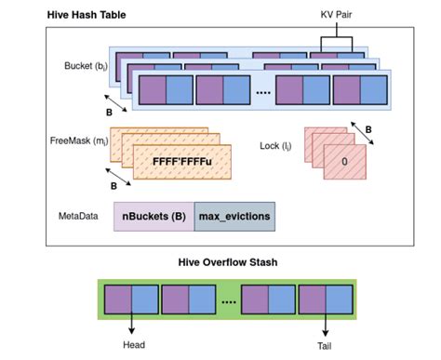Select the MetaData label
[x=81, y=215]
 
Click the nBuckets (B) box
[x=154, y=216]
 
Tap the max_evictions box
[x=234, y=216]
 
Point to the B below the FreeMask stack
[x=115, y=185]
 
